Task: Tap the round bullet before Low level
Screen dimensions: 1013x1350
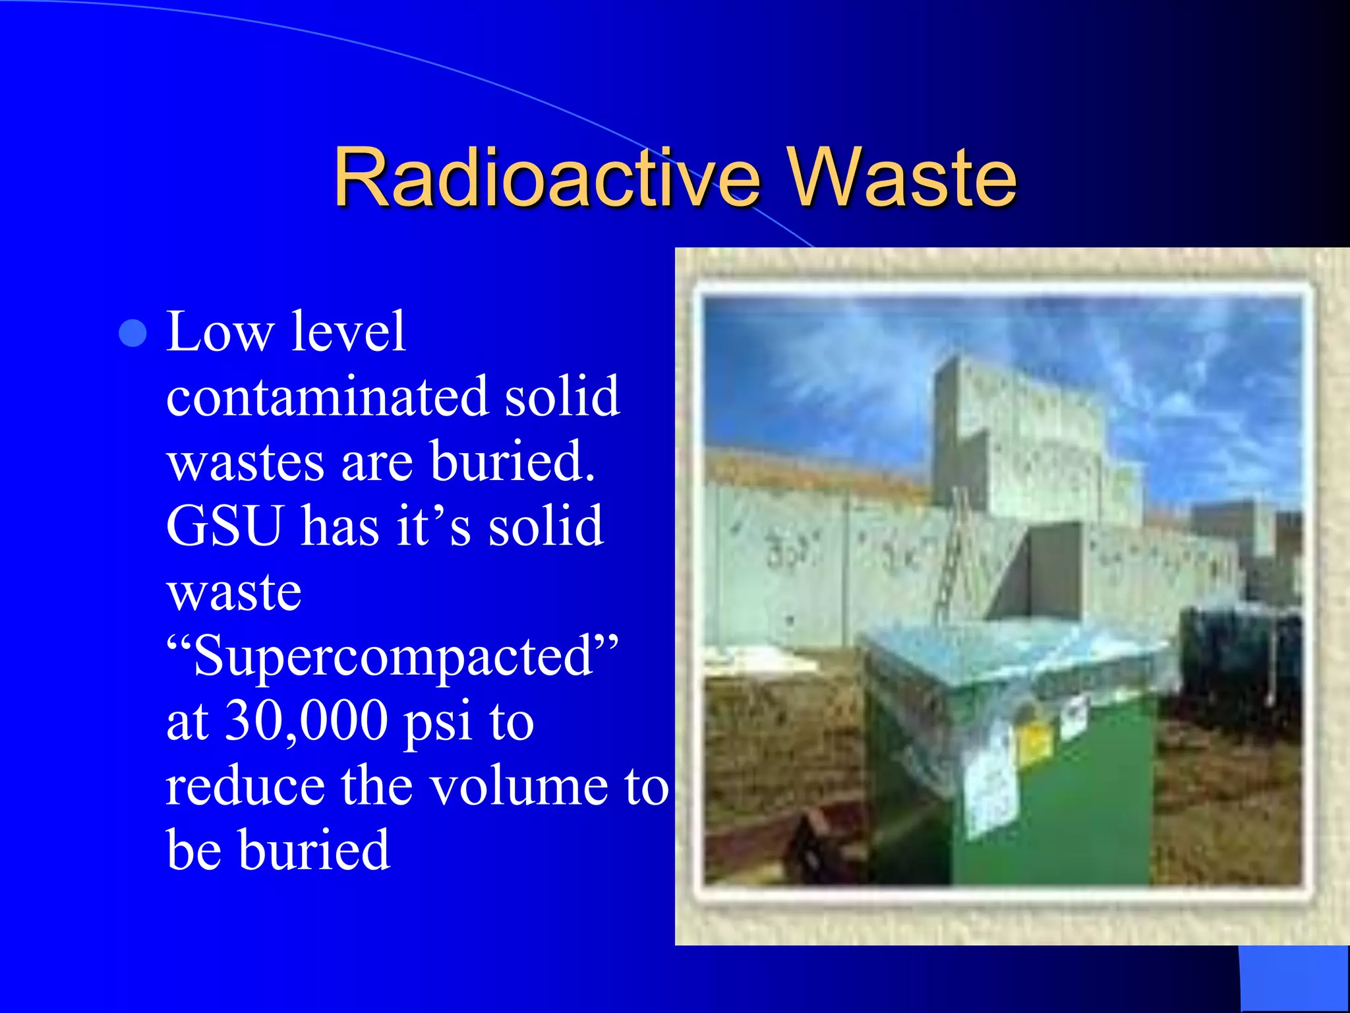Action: pyautogui.click(x=132, y=333)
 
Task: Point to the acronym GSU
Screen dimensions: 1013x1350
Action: pyautogui.click(x=224, y=526)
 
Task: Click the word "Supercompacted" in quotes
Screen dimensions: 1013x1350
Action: pyautogui.click(x=393, y=656)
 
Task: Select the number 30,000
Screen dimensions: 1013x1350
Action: pyautogui.click(x=307, y=721)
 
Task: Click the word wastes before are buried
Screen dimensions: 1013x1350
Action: pyautogui.click(x=245, y=462)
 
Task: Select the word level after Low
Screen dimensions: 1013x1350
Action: pyautogui.click(x=347, y=332)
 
